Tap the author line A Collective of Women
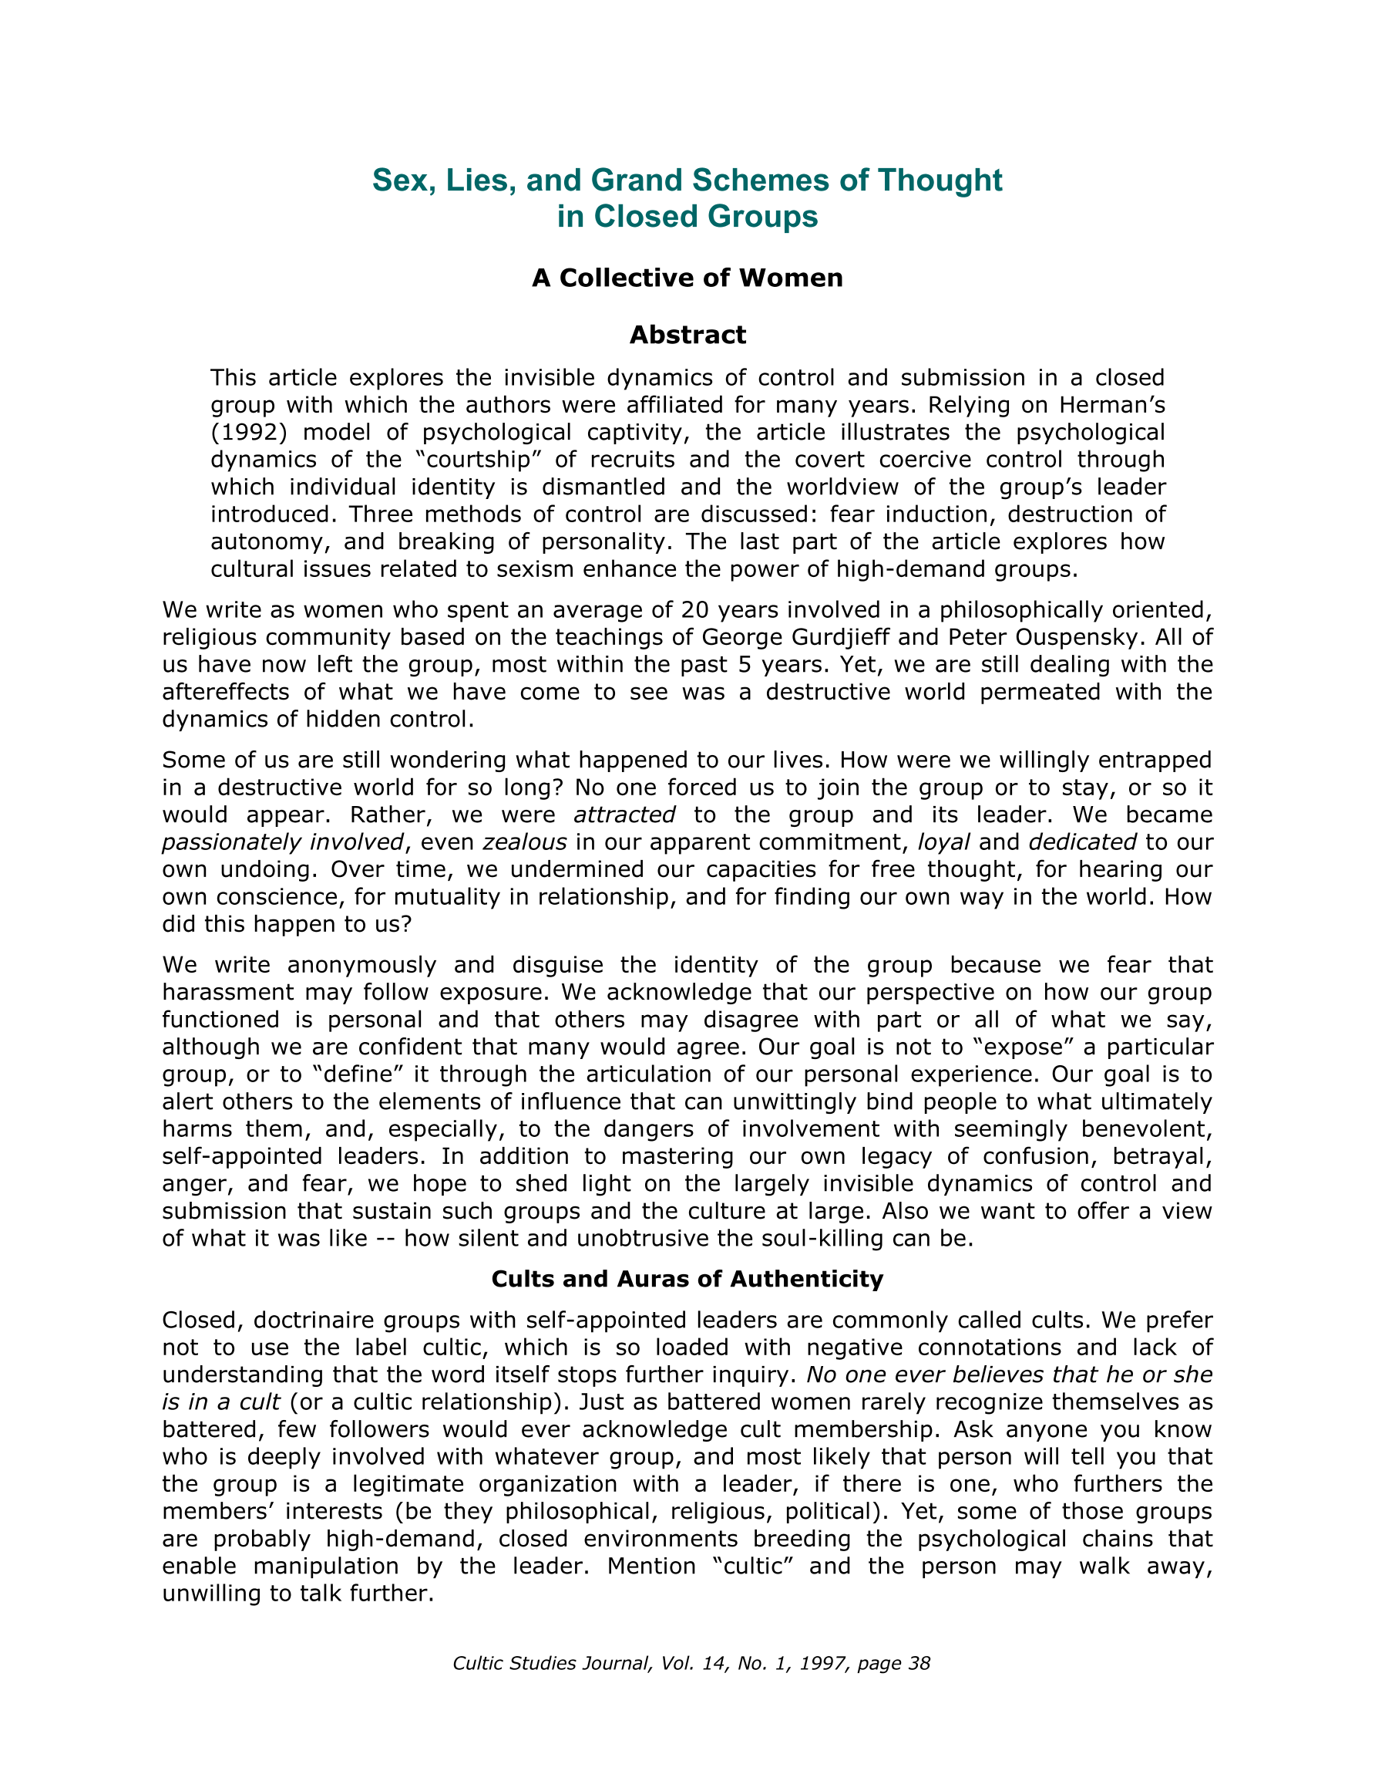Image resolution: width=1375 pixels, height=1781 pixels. [x=687, y=278]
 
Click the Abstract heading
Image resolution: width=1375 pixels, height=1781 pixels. [x=687, y=336]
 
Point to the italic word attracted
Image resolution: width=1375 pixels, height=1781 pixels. [x=624, y=815]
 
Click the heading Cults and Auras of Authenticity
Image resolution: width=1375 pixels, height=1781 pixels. [x=687, y=1279]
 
